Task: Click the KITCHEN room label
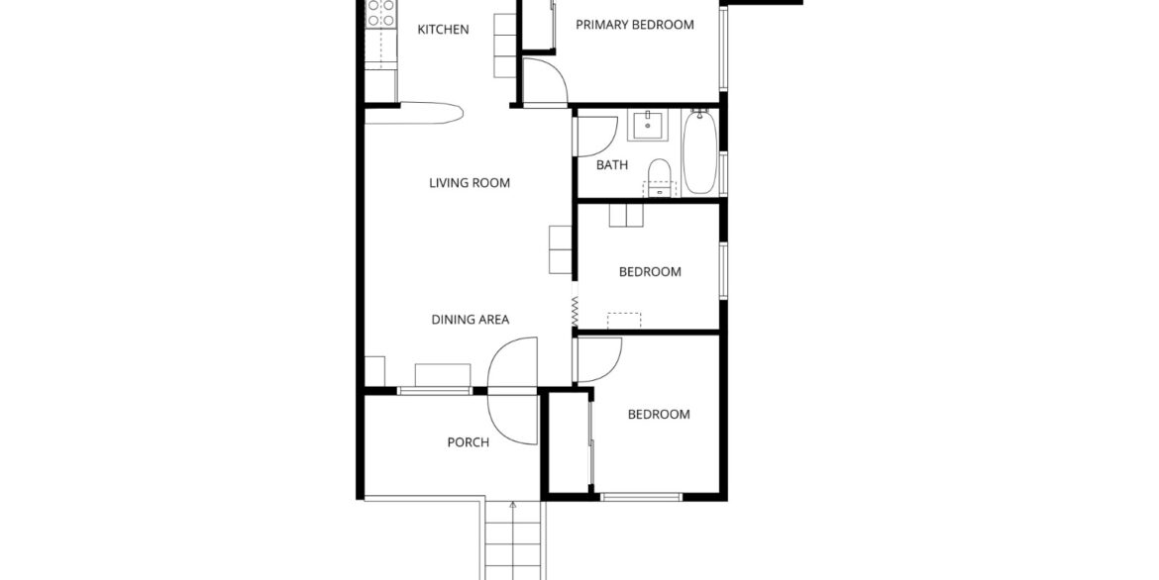point(443,30)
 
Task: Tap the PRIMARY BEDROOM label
point(635,25)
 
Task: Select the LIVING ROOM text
point(470,183)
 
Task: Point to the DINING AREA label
point(471,320)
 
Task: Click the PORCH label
point(468,442)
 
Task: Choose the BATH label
point(612,164)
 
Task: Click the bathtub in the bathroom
point(698,151)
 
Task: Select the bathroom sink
point(648,125)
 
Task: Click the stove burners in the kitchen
point(380,14)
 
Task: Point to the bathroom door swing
point(596,137)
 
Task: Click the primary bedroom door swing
point(545,80)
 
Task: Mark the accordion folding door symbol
point(575,311)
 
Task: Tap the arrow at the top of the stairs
point(512,506)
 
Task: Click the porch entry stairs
point(513,540)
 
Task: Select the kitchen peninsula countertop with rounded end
point(414,112)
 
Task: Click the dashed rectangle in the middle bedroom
point(624,321)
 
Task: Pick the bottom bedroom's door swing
point(598,360)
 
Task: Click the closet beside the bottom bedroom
point(569,443)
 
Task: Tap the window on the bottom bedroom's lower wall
point(641,497)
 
